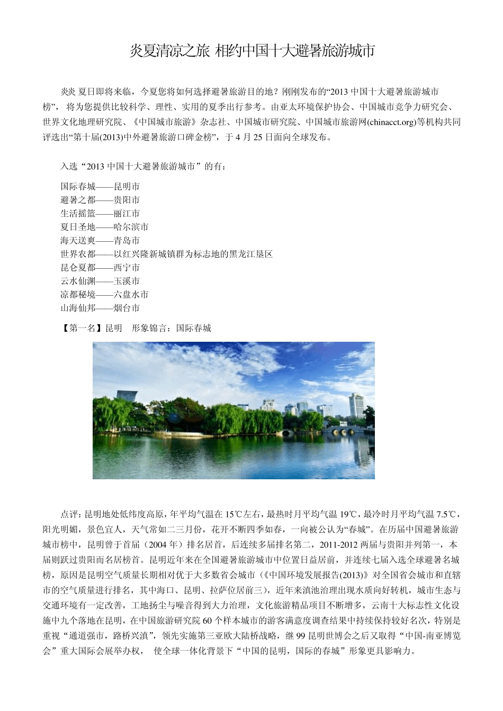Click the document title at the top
(252, 51)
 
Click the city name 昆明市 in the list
(127, 187)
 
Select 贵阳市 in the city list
(127, 200)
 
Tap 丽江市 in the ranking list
(127, 214)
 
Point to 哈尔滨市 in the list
(131, 227)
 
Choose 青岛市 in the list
(127, 241)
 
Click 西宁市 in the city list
(127, 268)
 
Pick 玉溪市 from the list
(127, 281)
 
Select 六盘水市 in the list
(131, 295)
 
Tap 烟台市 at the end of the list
(127, 308)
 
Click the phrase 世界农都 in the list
(78, 254)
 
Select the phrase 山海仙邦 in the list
(78, 308)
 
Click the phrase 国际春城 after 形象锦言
(194, 328)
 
